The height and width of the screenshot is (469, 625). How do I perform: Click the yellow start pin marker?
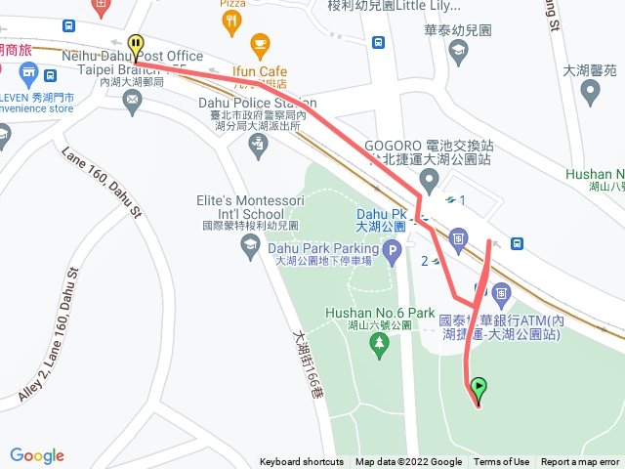(x=136, y=45)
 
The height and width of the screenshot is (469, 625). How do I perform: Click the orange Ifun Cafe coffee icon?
(x=259, y=44)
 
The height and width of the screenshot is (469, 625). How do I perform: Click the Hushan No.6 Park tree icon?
(x=380, y=343)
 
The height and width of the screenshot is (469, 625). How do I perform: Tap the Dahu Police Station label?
(x=257, y=103)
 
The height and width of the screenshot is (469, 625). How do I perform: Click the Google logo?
(x=37, y=455)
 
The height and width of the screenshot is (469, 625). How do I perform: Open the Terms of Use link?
(x=502, y=462)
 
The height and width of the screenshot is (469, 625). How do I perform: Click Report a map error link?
(x=580, y=462)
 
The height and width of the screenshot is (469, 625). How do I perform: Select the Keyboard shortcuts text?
(x=302, y=462)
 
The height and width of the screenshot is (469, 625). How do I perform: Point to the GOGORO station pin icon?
(x=429, y=179)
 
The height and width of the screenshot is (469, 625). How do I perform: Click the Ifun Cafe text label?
(x=259, y=71)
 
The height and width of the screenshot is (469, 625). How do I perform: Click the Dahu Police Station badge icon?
(x=258, y=146)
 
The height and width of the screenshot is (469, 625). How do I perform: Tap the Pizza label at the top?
(x=232, y=4)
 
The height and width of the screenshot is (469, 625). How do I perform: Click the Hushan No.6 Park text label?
(x=379, y=314)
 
